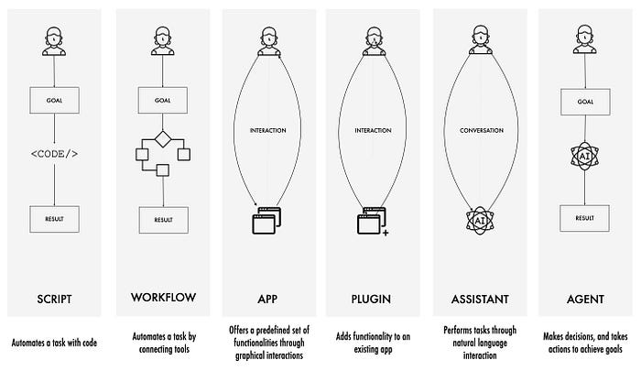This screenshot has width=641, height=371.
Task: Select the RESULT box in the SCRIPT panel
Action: [x=55, y=218]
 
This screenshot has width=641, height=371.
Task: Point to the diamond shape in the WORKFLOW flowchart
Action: [x=162, y=139]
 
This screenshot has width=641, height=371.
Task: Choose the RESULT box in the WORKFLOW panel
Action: [x=162, y=219]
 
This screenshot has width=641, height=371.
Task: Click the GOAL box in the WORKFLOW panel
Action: [x=162, y=100]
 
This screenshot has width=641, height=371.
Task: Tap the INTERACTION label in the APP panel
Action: [x=268, y=130]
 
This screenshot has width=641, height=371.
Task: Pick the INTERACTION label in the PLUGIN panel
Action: [x=374, y=130]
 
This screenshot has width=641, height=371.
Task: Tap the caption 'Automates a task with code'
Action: [x=55, y=342]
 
